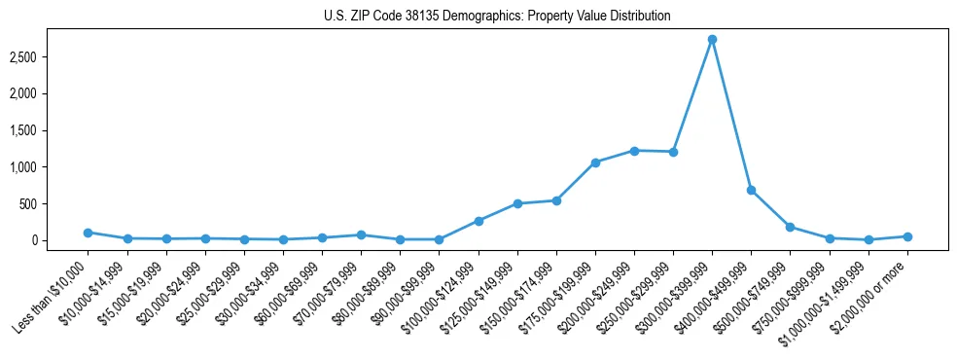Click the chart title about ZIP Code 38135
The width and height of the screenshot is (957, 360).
click(497, 17)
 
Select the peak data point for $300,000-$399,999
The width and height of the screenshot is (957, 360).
click(712, 40)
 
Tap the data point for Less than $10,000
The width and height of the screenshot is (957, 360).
click(89, 233)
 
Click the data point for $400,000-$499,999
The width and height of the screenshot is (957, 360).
click(751, 190)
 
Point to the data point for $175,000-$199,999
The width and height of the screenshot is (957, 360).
click(595, 162)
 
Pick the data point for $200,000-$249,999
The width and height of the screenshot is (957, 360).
click(634, 151)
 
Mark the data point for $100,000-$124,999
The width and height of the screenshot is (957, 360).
click(478, 221)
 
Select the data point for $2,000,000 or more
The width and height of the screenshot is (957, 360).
click(907, 236)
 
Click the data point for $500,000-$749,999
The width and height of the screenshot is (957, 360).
click(790, 227)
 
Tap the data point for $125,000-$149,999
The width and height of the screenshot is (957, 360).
click(517, 203)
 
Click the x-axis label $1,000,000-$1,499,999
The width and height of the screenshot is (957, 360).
click(830, 295)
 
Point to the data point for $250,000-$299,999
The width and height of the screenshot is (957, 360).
click(673, 152)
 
